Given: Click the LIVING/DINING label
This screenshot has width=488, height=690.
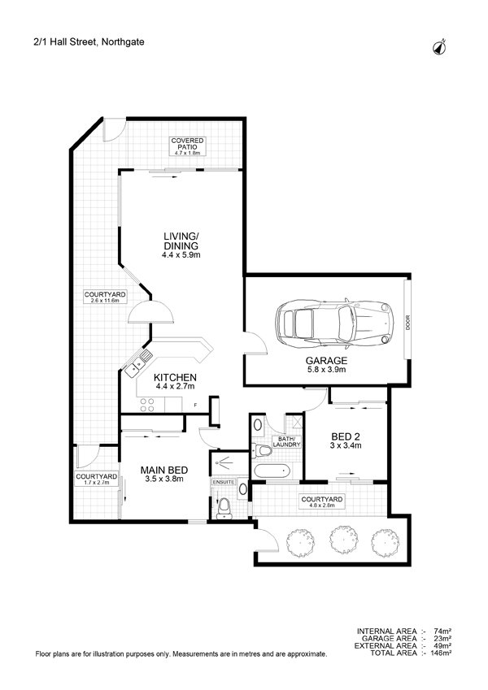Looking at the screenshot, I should tap(180, 245).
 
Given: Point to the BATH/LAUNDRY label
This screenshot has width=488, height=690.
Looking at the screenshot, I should tap(288, 442).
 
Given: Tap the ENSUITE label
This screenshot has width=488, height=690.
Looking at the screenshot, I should tap(222, 482).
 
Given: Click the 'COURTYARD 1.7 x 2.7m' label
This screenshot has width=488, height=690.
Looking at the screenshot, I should tap(96, 480).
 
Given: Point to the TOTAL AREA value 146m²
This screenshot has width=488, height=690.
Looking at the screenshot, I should tap(441, 653).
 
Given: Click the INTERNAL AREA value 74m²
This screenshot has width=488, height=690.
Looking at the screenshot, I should tap(442, 631).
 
